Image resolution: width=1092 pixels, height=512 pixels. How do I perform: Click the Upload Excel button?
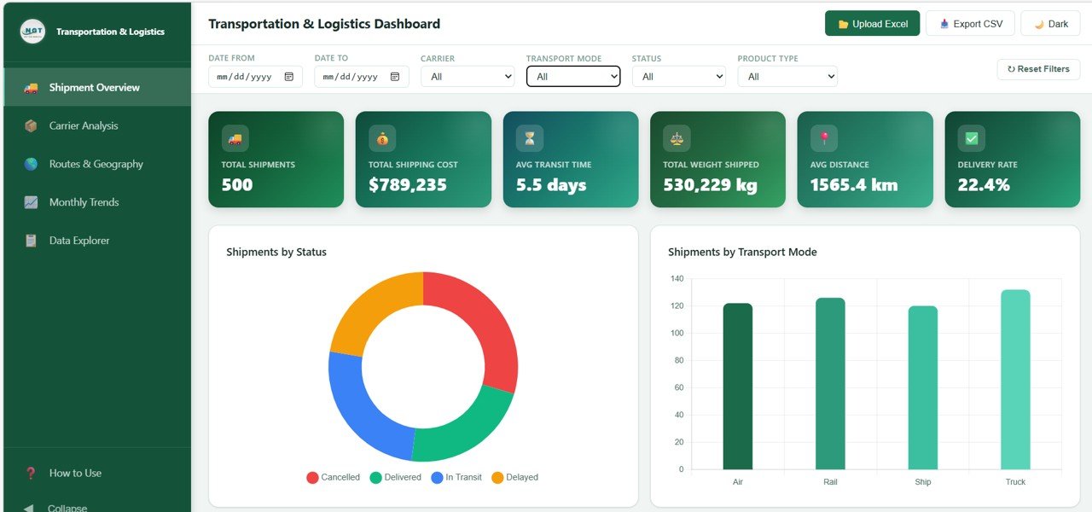[x=872, y=24]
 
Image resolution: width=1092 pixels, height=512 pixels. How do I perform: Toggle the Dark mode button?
[x=1050, y=24]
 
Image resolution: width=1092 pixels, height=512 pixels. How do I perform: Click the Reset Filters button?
[x=1038, y=69]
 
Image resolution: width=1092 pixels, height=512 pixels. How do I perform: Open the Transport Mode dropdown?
[x=572, y=77]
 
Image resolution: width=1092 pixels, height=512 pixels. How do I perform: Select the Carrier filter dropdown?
[x=468, y=77]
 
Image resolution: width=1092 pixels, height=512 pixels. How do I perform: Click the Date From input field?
[x=254, y=77]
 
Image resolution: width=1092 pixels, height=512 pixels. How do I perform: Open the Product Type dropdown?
[x=787, y=77]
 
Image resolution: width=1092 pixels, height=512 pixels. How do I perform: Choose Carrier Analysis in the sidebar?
[x=84, y=125]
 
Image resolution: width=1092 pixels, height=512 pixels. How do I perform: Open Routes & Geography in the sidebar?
[x=96, y=164]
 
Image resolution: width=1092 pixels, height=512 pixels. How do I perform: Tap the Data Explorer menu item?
[x=79, y=241]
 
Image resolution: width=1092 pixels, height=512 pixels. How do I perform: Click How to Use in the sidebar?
[x=75, y=473]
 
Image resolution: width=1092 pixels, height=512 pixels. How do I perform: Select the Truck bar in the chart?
[x=1015, y=380]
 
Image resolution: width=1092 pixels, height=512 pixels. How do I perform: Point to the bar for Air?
[x=737, y=387]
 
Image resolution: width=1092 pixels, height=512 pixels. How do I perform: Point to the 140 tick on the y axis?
[x=677, y=278]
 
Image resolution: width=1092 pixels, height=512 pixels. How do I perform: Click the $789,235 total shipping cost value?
[x=408, y=184]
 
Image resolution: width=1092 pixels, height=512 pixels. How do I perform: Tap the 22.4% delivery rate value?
[x=984, y=184]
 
